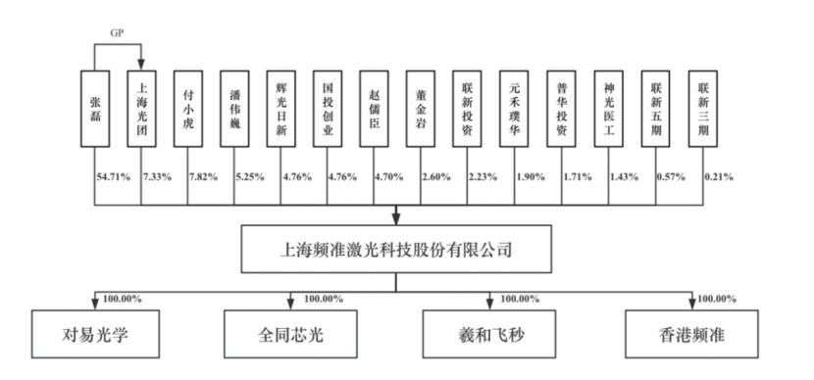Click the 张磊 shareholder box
pos(95,109)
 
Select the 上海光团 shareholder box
pos(141,109)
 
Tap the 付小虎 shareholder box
pos(188,109)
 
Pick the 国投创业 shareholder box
pos(328,109)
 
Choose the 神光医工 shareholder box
pos(609,109)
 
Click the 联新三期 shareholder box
pos(703,109)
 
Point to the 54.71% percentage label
pos(113,177)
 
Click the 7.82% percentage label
pos(203,177)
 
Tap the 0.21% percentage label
pos(719,177)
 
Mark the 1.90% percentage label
pos(531,177)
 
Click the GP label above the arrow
pos(118,33)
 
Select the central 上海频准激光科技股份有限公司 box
pos(396,249)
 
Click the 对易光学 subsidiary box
pos(95,334)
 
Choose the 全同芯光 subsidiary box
pos(290,334)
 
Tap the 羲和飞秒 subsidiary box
pos(489,334)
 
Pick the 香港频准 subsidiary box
pos(691,334)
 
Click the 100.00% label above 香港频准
pos(716,299)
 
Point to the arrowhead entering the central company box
pos(396,219)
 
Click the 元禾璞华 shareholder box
pos(515,109)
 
